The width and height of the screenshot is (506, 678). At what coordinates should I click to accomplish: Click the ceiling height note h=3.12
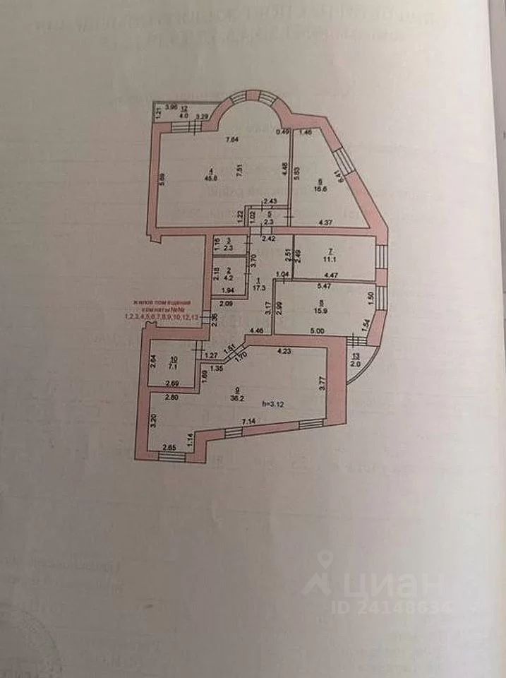coord(272,404)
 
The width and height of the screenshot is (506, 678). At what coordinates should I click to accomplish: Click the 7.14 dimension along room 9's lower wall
coord(249,422)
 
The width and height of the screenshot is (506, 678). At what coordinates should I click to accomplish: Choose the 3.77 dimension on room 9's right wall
coord(322,383)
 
